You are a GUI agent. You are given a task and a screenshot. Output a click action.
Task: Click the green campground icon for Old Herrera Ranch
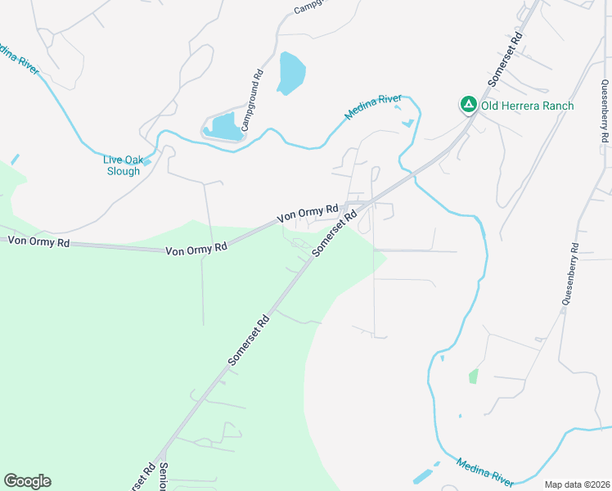(468, 105)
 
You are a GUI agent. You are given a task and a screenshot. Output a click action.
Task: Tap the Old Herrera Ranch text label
(527, 106)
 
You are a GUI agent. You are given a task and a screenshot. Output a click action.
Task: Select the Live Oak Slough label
(122, 165)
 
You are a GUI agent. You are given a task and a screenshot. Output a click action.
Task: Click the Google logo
(27, 481)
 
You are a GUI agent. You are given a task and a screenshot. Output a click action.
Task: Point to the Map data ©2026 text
(576, 484)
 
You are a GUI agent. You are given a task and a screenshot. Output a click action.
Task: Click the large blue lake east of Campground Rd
(290, 73)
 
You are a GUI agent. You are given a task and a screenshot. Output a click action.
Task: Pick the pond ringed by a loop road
(223, 126)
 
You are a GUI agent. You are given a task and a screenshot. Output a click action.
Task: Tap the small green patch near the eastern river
(473, 376)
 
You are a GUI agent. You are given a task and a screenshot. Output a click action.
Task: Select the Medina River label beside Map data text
(485, 472)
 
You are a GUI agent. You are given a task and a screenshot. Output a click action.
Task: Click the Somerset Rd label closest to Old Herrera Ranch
(504, 59)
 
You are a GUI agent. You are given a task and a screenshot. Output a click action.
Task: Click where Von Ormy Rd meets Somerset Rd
(353, 204)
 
